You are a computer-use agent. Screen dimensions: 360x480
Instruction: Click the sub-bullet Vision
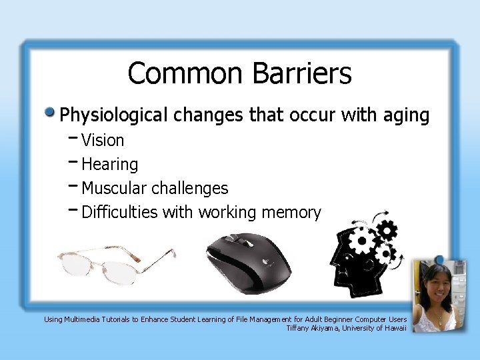pos(102,141)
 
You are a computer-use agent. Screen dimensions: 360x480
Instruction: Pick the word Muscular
pos(115,189)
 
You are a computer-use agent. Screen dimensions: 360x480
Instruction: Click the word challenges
pos(191,189)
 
